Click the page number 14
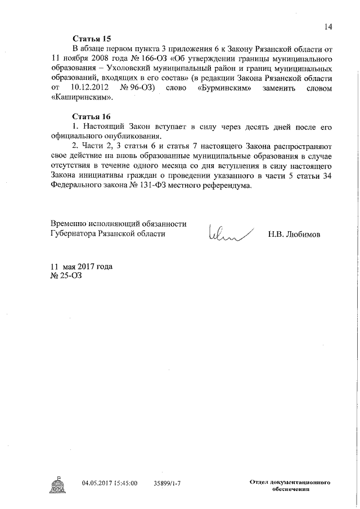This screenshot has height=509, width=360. coord(328,26)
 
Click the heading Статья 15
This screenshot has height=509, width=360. coord(92,38)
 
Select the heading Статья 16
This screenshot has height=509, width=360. coord(92,116)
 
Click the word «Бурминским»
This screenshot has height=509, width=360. coord(229,88)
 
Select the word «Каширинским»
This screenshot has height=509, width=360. coord(82,98)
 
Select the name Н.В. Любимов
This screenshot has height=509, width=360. coord(294,234)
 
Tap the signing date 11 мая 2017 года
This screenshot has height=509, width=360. coord(82,266)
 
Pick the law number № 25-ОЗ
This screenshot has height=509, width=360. coord(66,276)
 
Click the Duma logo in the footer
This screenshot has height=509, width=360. coord(58,485)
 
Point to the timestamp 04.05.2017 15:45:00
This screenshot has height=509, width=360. coord(110,483)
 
